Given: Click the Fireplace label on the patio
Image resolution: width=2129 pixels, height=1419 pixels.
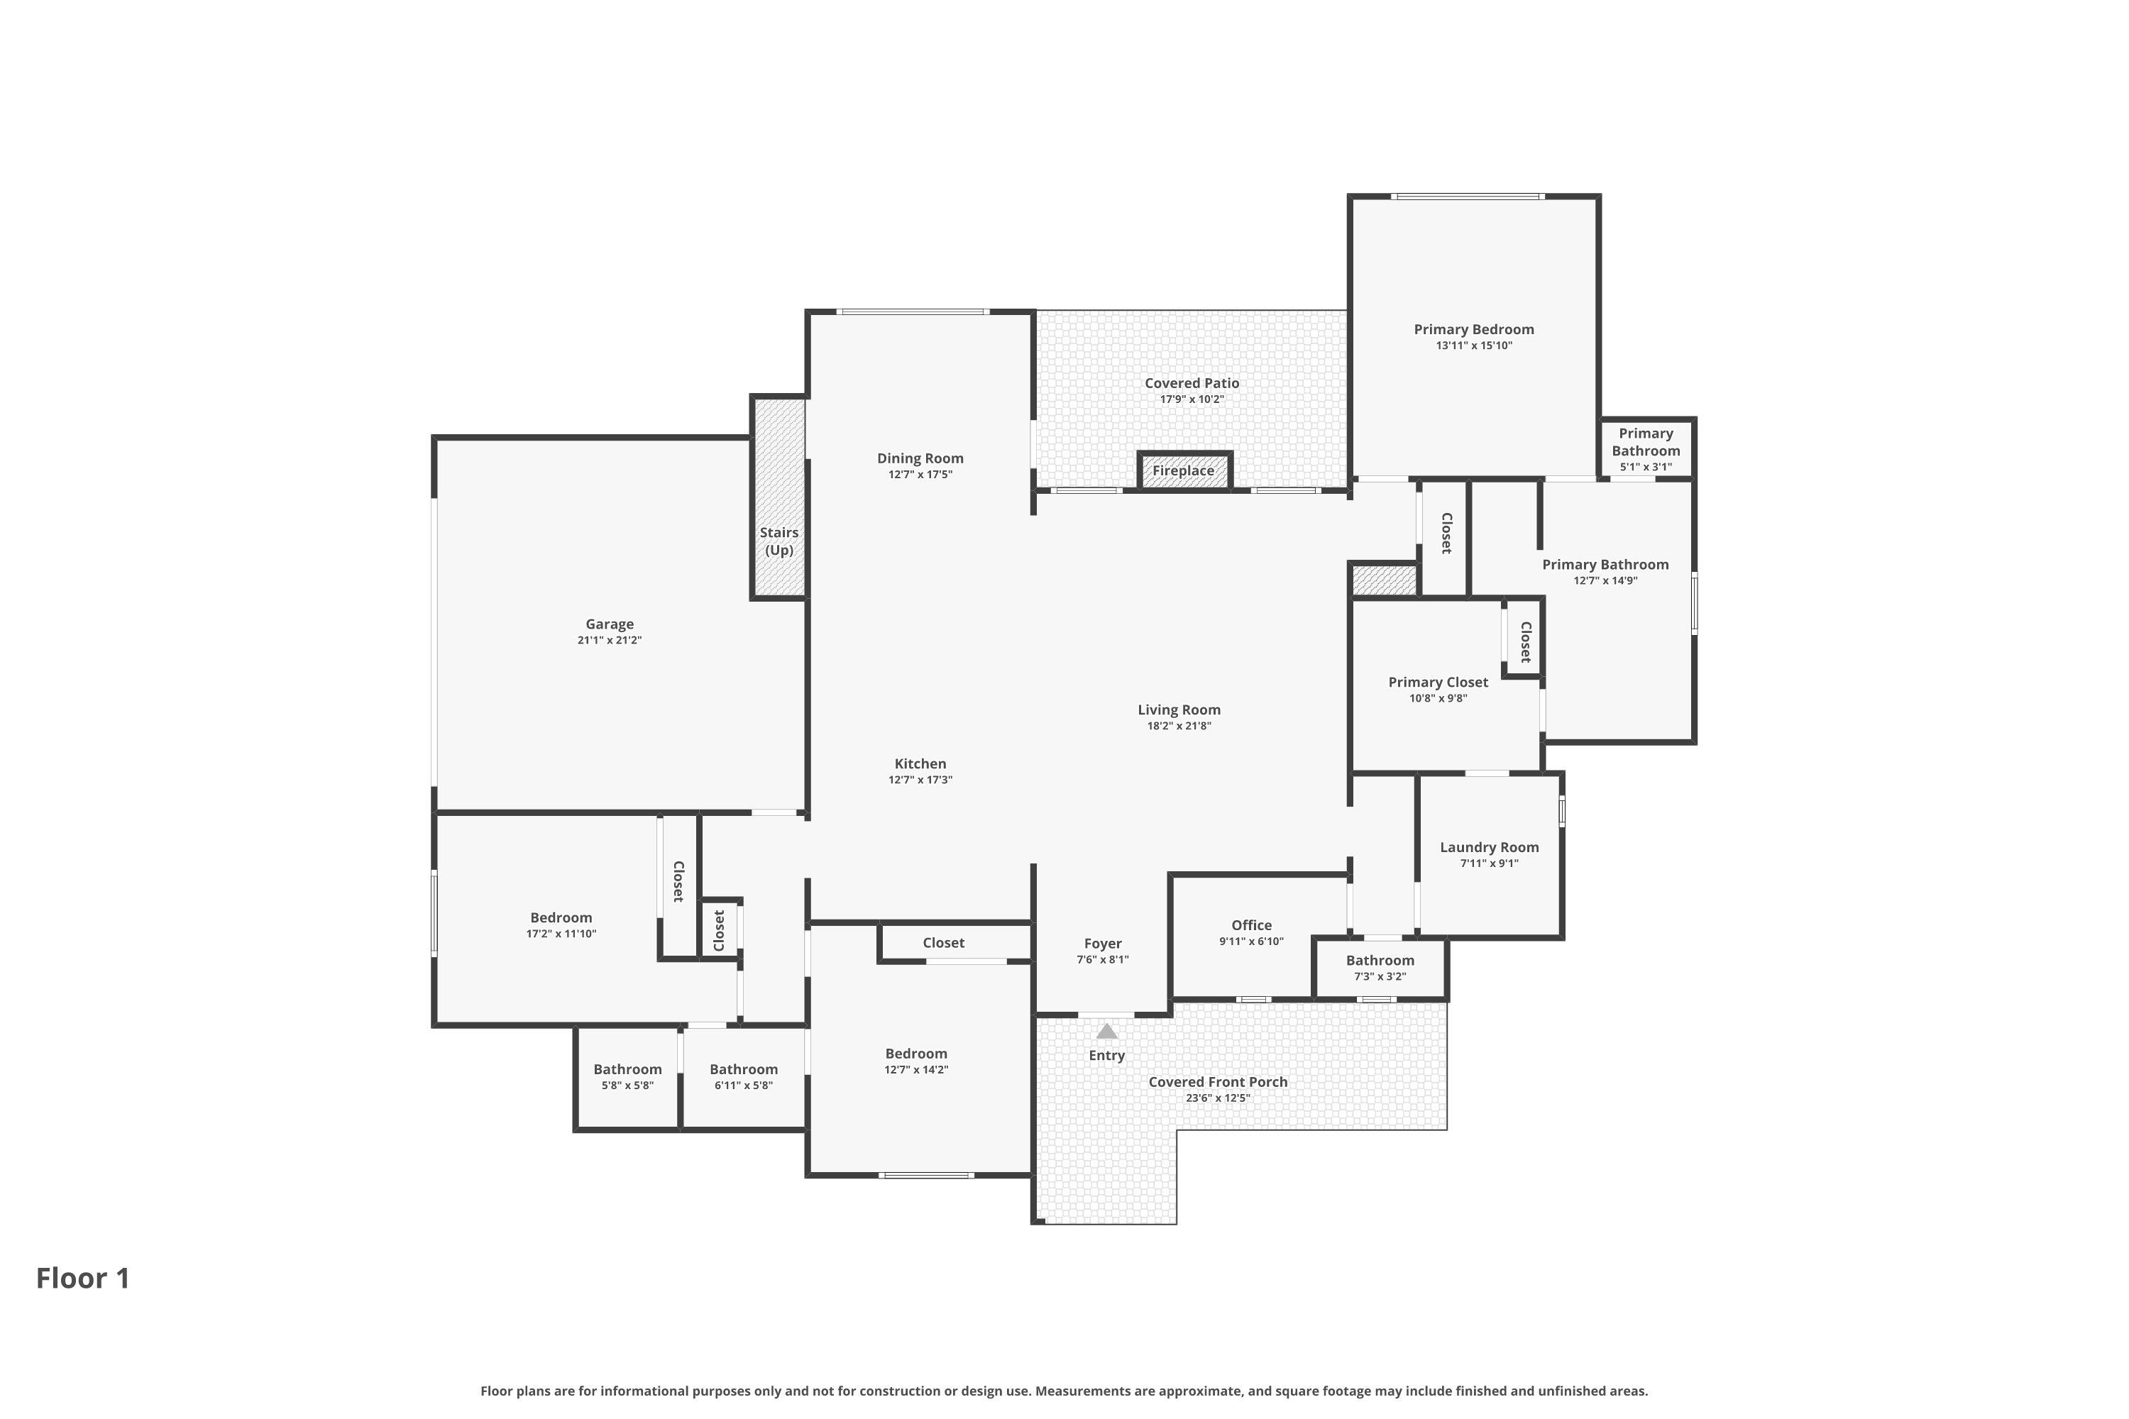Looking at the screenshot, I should pos(1183,470).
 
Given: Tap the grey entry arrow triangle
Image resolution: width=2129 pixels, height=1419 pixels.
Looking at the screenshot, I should pos(1107,1032).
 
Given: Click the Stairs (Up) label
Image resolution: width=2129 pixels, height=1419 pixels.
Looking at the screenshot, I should pos(779,541).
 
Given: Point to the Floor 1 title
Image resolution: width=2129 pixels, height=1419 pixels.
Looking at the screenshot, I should pos(83,1279).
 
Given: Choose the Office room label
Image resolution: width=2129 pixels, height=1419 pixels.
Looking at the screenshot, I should pos(1251,925).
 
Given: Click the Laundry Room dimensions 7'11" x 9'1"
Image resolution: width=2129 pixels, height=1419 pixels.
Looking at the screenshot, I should pos(1489,863).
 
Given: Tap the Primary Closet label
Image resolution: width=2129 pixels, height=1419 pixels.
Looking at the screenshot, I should pos(1438,683).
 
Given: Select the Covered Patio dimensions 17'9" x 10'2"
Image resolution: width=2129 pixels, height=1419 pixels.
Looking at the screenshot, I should pos(1192,399).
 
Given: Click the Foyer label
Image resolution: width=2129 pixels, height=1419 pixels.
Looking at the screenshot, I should pos(1103,943).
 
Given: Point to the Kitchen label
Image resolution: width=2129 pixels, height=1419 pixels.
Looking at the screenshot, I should pos(920,764).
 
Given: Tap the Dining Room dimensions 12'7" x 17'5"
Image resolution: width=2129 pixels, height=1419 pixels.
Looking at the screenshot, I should pos(920,474).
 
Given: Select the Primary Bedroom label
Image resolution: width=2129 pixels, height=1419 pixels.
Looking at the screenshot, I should pos(1474,329).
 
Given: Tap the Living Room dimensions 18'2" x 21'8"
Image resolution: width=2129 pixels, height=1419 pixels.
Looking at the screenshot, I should pos(1179,726).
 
